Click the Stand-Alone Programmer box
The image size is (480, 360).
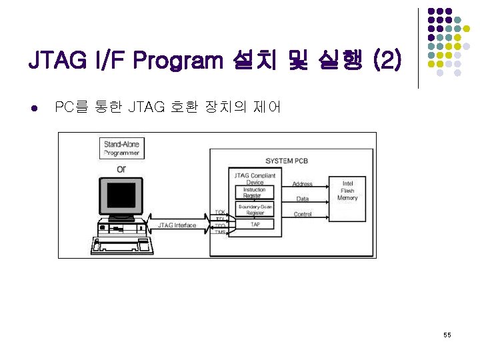click(121, 148)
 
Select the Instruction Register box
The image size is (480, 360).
click(254, 193)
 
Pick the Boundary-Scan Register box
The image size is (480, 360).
click(254, 210)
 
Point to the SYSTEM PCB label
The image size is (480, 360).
click(287, 161)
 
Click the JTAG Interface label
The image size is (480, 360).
click(177, 225)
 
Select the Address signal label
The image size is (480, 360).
click(302, 184)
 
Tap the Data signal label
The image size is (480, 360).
click(303, 199)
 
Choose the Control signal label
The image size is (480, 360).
click(303, 214)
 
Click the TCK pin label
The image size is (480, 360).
click(219, 212)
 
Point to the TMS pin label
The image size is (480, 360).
click(220, 233)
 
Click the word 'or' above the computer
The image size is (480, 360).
click(121, 169)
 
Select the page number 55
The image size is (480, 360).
click(447, 335)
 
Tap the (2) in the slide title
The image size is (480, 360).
click(387, 62)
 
